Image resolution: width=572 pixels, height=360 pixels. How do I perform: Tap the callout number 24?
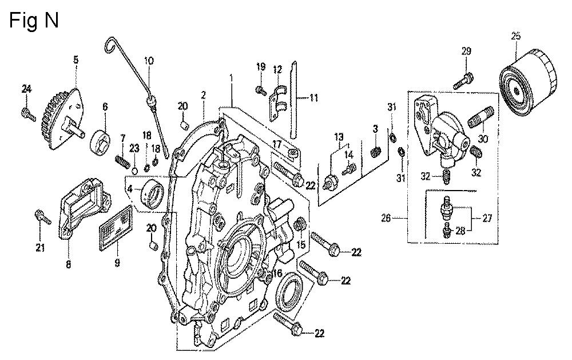click(26, 88)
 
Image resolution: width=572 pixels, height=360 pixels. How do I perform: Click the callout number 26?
click(386, 217)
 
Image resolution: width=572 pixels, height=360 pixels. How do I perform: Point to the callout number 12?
click(277, 69)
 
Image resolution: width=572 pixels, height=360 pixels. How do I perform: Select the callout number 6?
click(105, 106)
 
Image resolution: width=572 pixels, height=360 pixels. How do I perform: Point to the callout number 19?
click(260, 67)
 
